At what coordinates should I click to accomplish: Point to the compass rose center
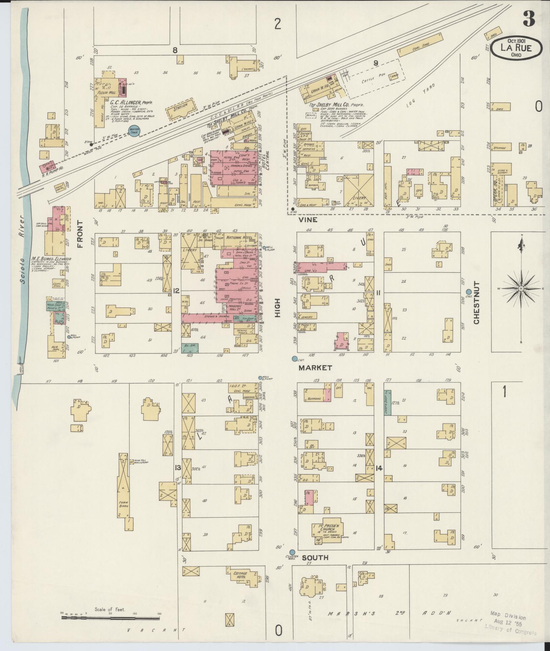521,289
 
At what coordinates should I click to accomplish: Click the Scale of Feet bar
110,618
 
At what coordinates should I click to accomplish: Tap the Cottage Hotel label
240,575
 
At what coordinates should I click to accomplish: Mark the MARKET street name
315,368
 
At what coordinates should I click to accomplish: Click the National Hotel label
240,238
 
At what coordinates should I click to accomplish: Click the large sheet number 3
529,19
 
